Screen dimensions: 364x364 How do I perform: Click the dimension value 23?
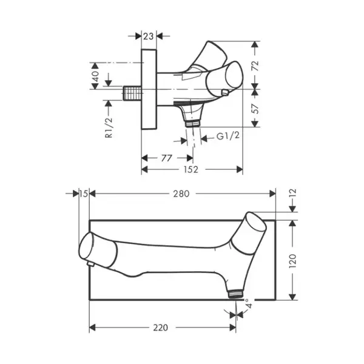pos(149,36)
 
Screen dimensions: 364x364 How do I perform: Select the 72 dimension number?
pos(255,66)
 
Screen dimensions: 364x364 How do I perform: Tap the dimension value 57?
pos(255,108)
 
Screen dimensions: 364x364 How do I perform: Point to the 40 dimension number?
pos(95,76)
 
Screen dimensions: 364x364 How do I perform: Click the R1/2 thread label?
pos(109,128)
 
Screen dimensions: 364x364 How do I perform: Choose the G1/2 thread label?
pos(227,135)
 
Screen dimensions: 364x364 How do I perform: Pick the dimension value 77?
pos(166,158)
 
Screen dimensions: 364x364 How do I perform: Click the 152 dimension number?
pos(191,170)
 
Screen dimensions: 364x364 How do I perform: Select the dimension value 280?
pos(181,194)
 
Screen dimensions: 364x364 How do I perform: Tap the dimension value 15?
pos(84,194)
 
